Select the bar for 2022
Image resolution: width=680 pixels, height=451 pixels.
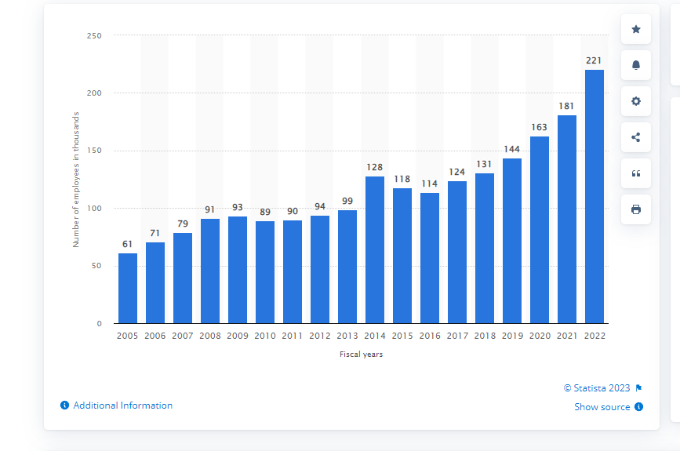coord(595,196)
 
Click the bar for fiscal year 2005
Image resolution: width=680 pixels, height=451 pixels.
coord(128,288)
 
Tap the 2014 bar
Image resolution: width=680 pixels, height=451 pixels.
coord(375,249)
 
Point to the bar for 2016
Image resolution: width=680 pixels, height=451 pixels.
coord(430,258)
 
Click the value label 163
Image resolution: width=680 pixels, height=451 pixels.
coord(540,127)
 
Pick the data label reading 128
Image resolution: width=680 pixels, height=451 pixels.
coord(375,167)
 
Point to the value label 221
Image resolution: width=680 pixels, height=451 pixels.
coord(595,60)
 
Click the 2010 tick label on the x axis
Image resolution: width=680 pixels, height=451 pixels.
coord(265,336)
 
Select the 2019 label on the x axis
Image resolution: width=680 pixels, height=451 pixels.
coord(512,336)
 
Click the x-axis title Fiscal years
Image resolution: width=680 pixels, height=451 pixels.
coord(361,355)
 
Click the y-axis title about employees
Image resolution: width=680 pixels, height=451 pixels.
coord(76,180)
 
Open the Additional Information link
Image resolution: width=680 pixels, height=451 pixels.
coord(122,406)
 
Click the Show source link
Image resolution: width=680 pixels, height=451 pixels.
coord(602,407)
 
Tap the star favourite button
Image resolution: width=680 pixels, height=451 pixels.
coord(636,29)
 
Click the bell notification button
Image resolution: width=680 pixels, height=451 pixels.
coord(636,65)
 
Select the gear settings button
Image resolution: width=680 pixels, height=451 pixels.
coord(636,101)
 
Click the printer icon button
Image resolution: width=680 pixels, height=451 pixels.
coord(636,209)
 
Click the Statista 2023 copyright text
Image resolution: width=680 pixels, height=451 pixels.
coord(597,388)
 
